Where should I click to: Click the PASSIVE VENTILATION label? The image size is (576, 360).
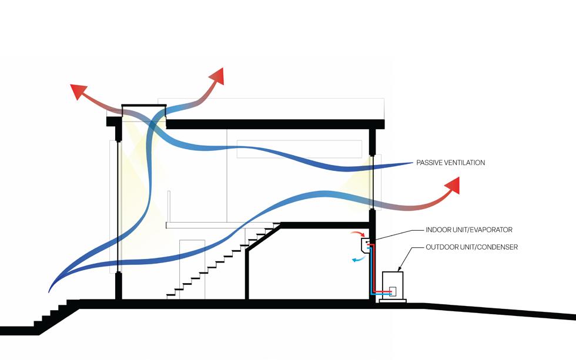(450, 163)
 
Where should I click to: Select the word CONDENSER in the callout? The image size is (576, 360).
(497, 247)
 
